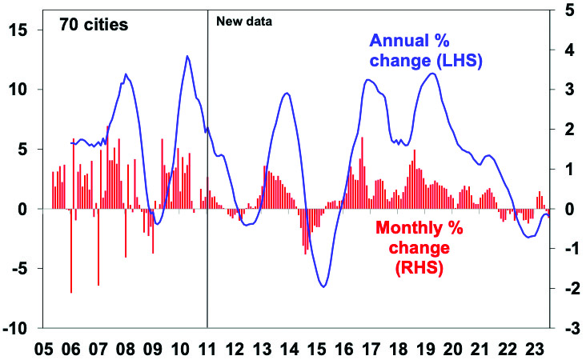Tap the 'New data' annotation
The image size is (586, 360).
coord(245,22)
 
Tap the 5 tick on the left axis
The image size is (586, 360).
coord(25,150)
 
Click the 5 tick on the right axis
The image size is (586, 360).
coord(567,10)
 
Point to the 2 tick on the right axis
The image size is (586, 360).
coord(567,130)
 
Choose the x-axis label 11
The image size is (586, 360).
coord(207,350)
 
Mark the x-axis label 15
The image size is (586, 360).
coord(317,350)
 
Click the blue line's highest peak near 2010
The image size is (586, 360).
coord(187,56)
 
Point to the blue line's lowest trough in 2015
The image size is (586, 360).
coord(323,286)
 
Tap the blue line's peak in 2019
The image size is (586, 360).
coord(432,74)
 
